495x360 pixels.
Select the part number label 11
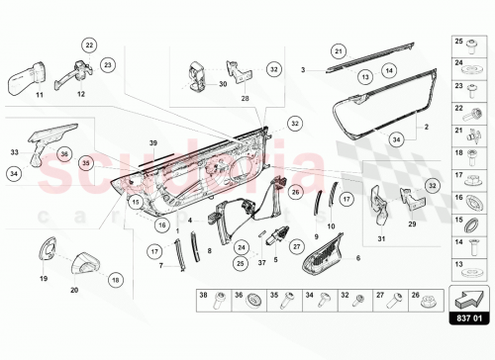[40, 95]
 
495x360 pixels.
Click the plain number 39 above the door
[153, 143]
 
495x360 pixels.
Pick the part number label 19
[42, 280]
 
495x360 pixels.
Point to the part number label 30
[223, 84]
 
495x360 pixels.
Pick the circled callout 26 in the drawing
[294, 190]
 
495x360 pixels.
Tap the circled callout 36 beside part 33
[63, 153]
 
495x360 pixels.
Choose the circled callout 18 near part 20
[116, 281]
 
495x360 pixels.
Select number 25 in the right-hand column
[458, 42]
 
